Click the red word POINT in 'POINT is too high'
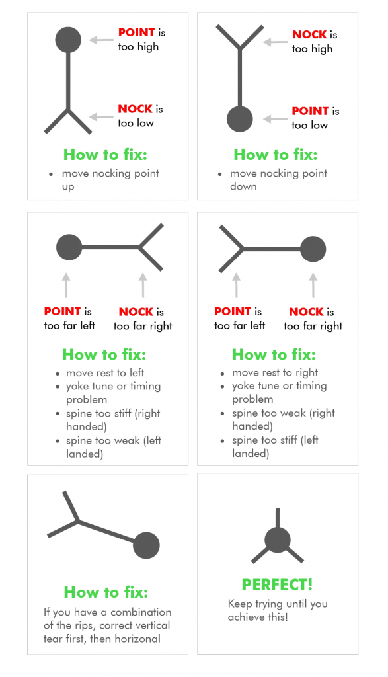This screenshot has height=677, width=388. click(x=136, y=32)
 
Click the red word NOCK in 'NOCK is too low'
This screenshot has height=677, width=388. click(x=136, y=109)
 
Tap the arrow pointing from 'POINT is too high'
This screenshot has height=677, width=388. click(x=102, y=40)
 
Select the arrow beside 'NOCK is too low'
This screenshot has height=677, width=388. click(x=102, y=117)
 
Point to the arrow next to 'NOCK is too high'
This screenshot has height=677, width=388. click(x=275, y=42)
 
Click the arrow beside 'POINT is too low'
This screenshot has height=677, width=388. click(x=275, y=119)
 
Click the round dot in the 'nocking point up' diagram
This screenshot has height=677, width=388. click(x=68, y=40)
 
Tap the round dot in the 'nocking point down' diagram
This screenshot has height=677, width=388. click(x=240, y=119)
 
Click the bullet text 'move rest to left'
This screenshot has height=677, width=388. click(x=105, y=372)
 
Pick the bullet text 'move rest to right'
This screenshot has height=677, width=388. click(x=275, y=372)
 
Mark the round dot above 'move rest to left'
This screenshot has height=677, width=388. click(x=69, y=248)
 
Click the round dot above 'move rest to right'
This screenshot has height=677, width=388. click(x=313, y=250)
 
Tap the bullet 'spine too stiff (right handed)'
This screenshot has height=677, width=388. click(x=113, y=420)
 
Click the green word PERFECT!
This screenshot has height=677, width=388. click(x=277, y=584)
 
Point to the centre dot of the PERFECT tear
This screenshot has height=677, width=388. click(x=277, y=541)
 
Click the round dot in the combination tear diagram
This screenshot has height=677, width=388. click(x=147, y=545)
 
